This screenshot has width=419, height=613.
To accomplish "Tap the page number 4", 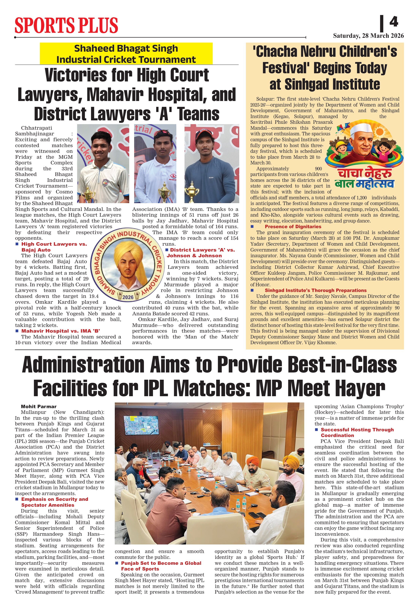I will [x=394, y=22].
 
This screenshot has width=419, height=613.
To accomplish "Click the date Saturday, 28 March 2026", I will [x=368, y=36].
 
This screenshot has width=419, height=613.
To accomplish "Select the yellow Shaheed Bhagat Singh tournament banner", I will [x=126, y=54].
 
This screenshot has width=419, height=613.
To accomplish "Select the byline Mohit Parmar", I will [x=39, y=406].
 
